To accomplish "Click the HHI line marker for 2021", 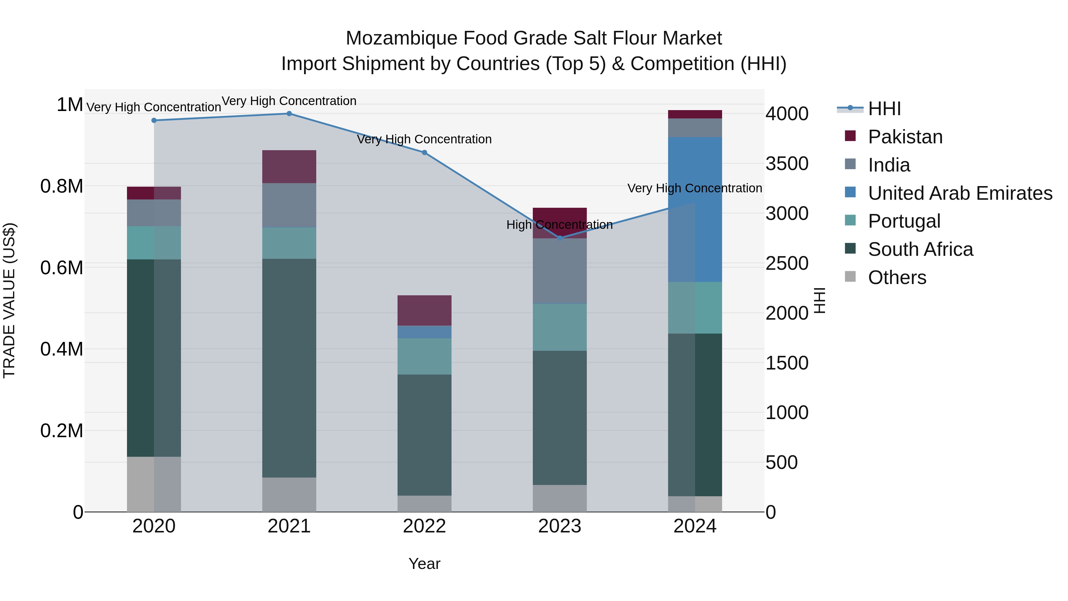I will click(x=289, y=114).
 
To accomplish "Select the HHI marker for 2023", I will click(x=560, y=238).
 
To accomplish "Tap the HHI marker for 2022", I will click(x=424, y=153).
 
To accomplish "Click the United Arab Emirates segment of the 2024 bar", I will click(x=695, y=210).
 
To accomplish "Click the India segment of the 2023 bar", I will click(x=560, y=271).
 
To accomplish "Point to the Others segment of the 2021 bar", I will click(x=289, y=494).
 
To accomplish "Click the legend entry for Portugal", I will click(x=904, y=221).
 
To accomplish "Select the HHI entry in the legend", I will click(x=884, y=109).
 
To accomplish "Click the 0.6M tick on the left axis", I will click(x=62, y=267).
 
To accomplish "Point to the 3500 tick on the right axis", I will click(x=786, y=164).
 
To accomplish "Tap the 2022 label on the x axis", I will click(x=424, y=526).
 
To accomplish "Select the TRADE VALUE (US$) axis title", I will click(x=9, y=300).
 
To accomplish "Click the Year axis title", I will click(x=424, y=564).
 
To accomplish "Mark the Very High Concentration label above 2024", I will click(x=694, y=188).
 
